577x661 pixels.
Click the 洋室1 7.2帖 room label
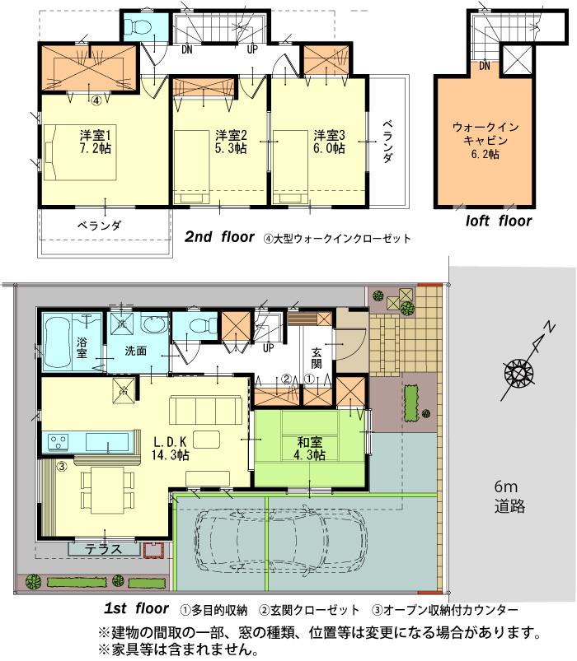[x=96, y=141]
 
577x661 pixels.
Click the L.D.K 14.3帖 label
[x=171, y=447]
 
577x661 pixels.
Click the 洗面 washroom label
[x=136, y=350]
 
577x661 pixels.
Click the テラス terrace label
[x=105, y=549]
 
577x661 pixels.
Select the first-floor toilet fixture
[x=195, y=327]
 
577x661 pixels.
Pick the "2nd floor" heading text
[x=218, y=237]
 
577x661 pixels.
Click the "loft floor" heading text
[x=498, y=221]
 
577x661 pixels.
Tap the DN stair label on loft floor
[x=485, y=66]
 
